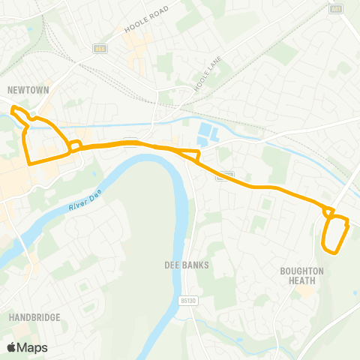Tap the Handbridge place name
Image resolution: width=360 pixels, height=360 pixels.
pyautogui.click(x=34, y=317)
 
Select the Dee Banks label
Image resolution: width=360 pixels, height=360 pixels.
pyautogui.click(x=186, y=265)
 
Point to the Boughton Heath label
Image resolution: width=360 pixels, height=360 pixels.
pyautogui.click(x=301, y=275)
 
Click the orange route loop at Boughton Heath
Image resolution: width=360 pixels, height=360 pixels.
pyautogui.click(x=334, y=233)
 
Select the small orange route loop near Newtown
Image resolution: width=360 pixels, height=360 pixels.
pyautogui.click(x=75, y=144)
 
